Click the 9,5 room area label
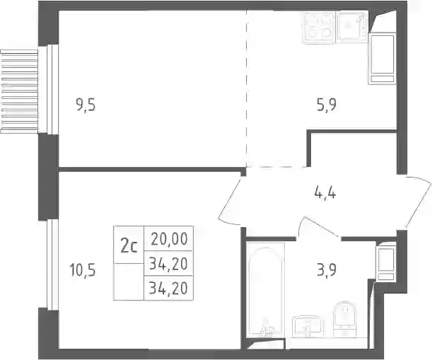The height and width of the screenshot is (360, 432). (86, 105)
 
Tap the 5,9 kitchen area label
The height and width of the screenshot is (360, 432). (327, 105)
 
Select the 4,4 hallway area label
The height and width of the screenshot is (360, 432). (325, 193)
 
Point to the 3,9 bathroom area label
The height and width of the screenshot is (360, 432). (327, 271)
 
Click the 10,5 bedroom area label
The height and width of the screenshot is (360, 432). (83, 270)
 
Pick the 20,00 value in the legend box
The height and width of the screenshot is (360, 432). (170, 239)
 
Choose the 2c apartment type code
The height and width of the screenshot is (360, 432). (129, 246)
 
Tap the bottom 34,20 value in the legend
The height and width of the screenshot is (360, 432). (168, 289)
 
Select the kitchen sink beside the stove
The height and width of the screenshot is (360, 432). (354, 27)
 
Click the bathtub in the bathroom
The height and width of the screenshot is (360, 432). (265, 289)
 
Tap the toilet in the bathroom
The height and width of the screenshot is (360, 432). (344, 319)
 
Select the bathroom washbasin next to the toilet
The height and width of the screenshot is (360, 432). (306, 327)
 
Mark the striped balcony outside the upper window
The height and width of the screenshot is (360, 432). (19, 91)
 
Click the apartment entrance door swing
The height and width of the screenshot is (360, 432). (419, 203)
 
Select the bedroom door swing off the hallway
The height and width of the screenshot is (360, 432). (230, 199)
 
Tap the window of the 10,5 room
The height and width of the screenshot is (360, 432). (52, 265)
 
